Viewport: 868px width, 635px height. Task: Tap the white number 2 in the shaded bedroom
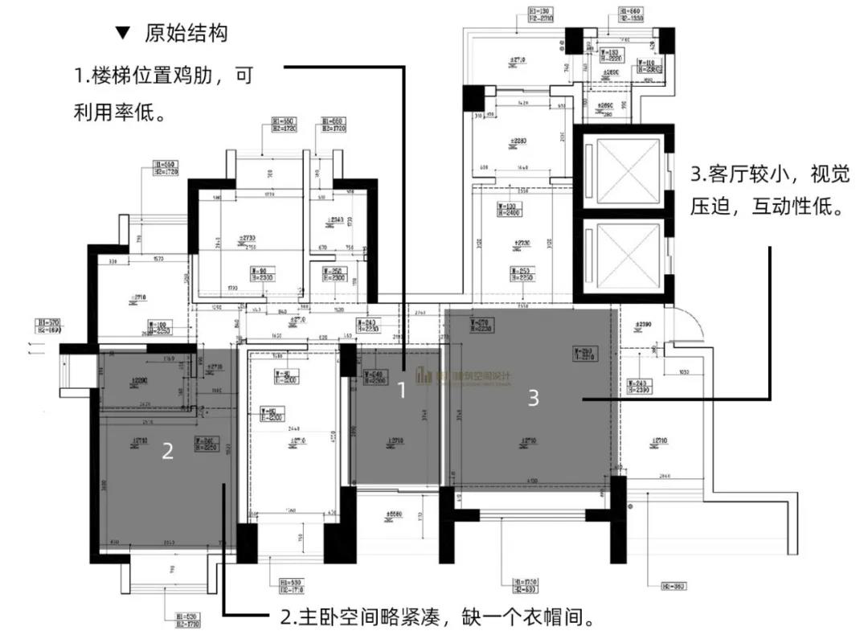pos(167,452)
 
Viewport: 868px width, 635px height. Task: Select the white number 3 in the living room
pos(533,397)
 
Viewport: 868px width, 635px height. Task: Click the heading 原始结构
pos(186,33)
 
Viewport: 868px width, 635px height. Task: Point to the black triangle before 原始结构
pos(123,33)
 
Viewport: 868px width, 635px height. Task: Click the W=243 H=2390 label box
pos(639,387)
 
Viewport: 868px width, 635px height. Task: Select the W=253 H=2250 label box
pos(523,272)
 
